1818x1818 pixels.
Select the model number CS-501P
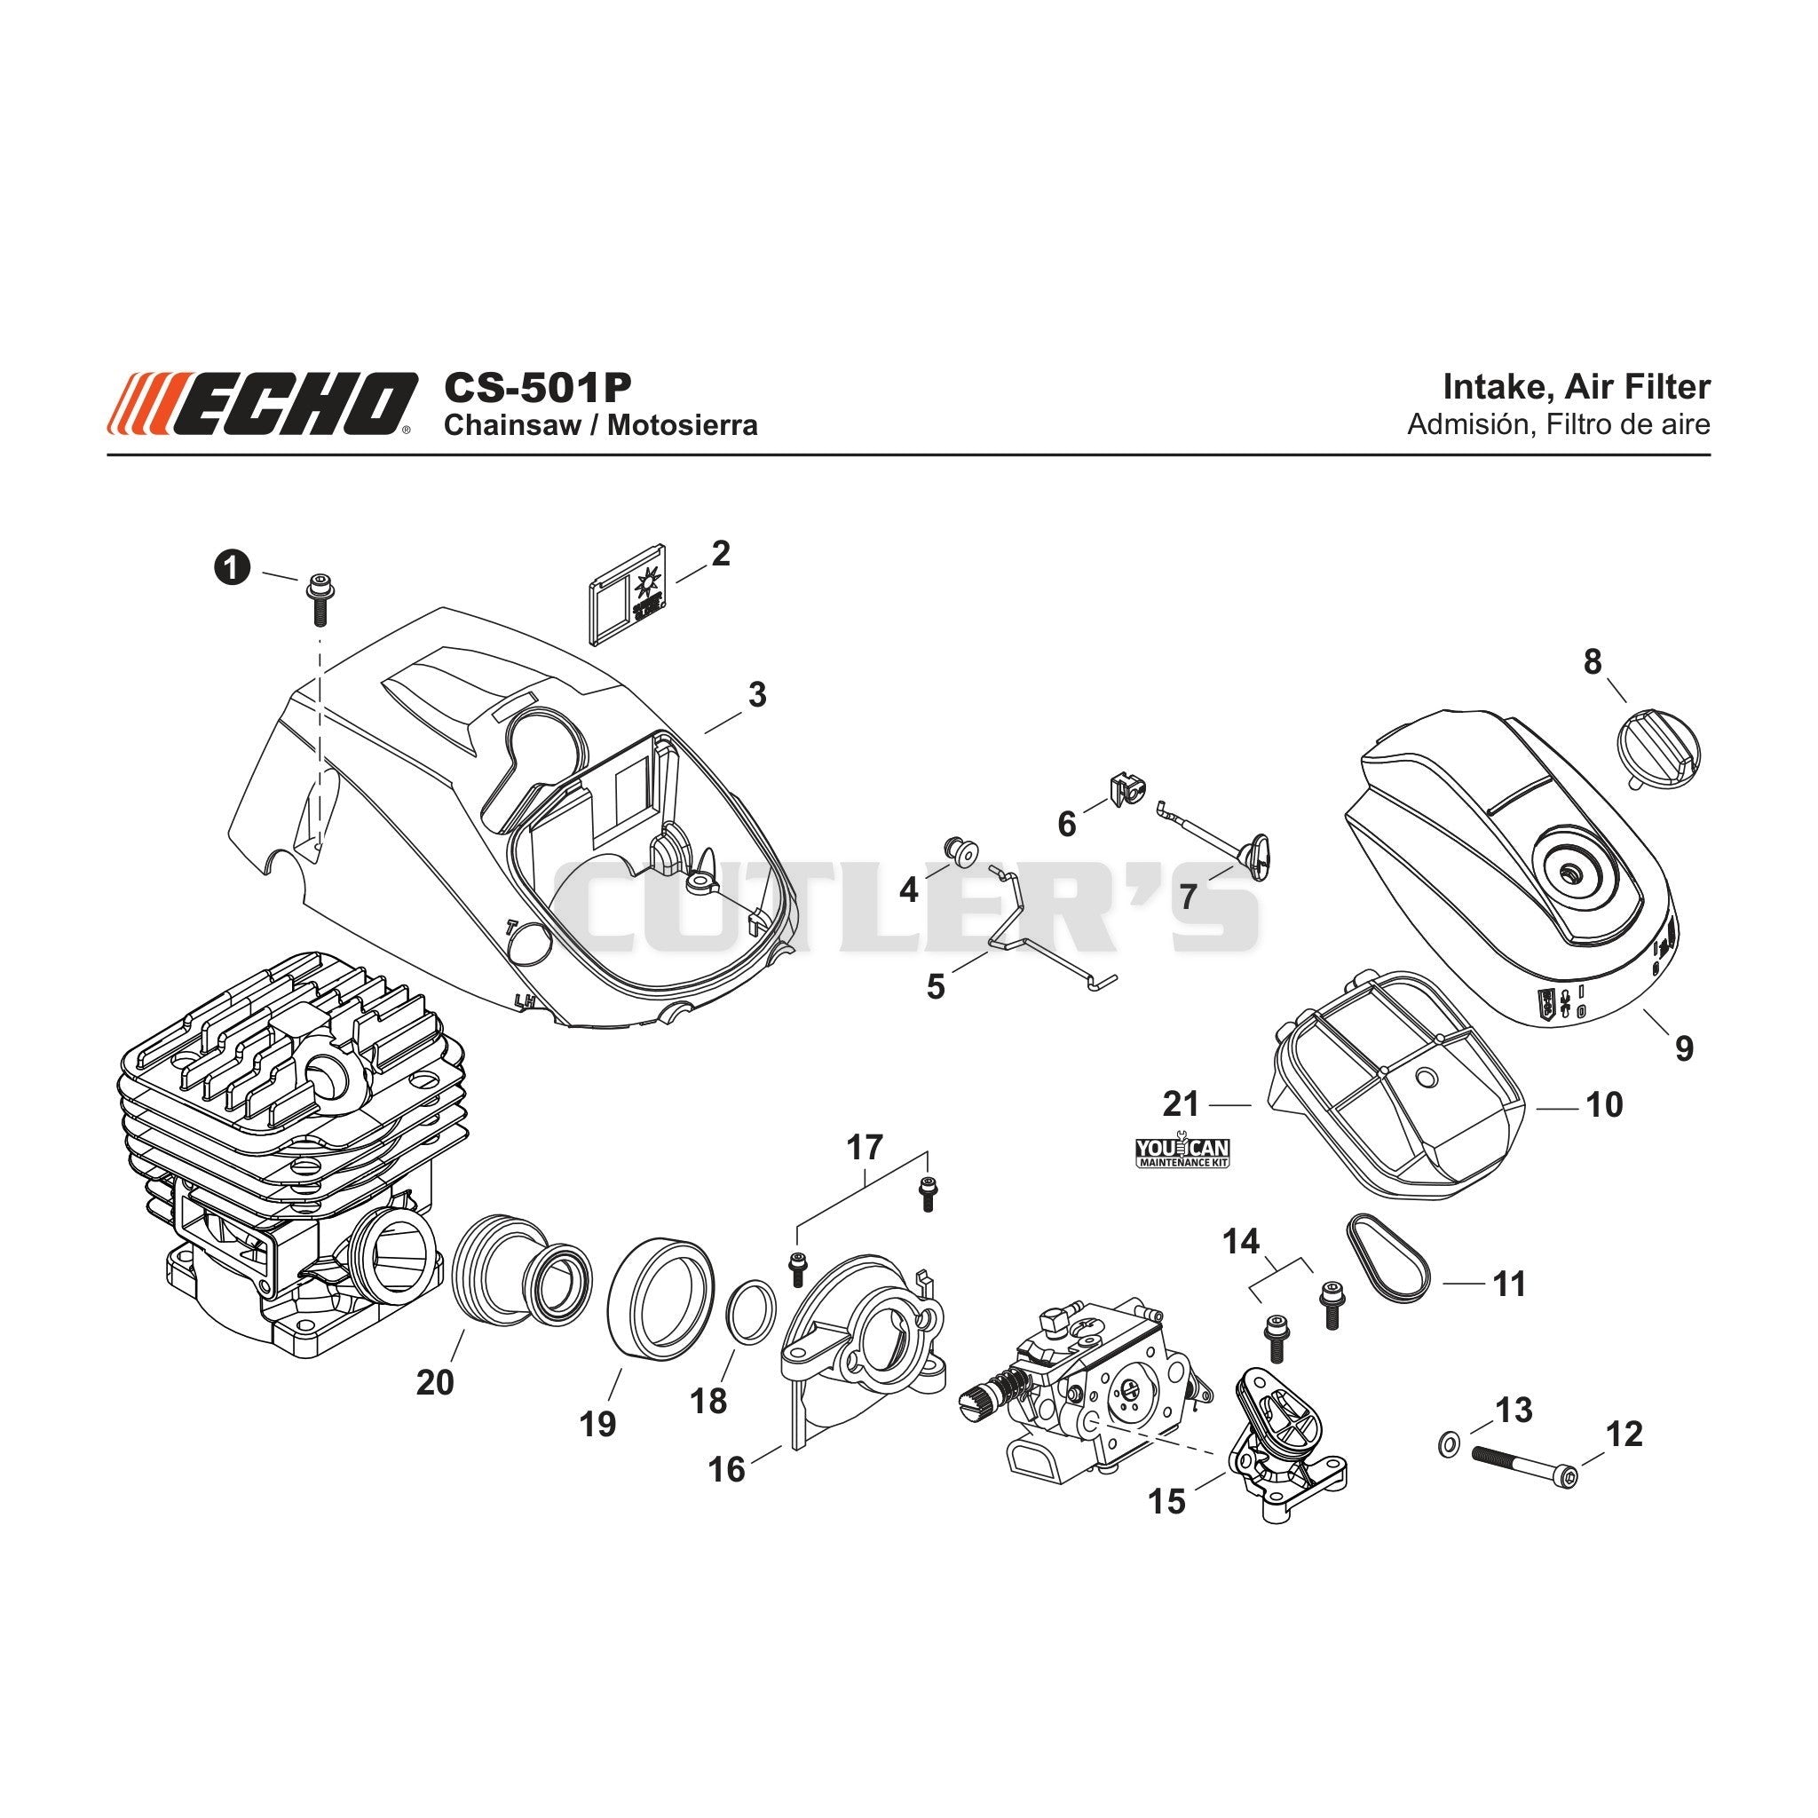537,387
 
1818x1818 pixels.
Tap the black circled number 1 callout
233,567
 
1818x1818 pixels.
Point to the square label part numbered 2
627,594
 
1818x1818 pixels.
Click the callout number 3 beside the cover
756,694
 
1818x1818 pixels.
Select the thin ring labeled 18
752,1312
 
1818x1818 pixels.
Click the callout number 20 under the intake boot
435,1383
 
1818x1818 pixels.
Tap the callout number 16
726,1469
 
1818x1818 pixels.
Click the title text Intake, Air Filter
1577,387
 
